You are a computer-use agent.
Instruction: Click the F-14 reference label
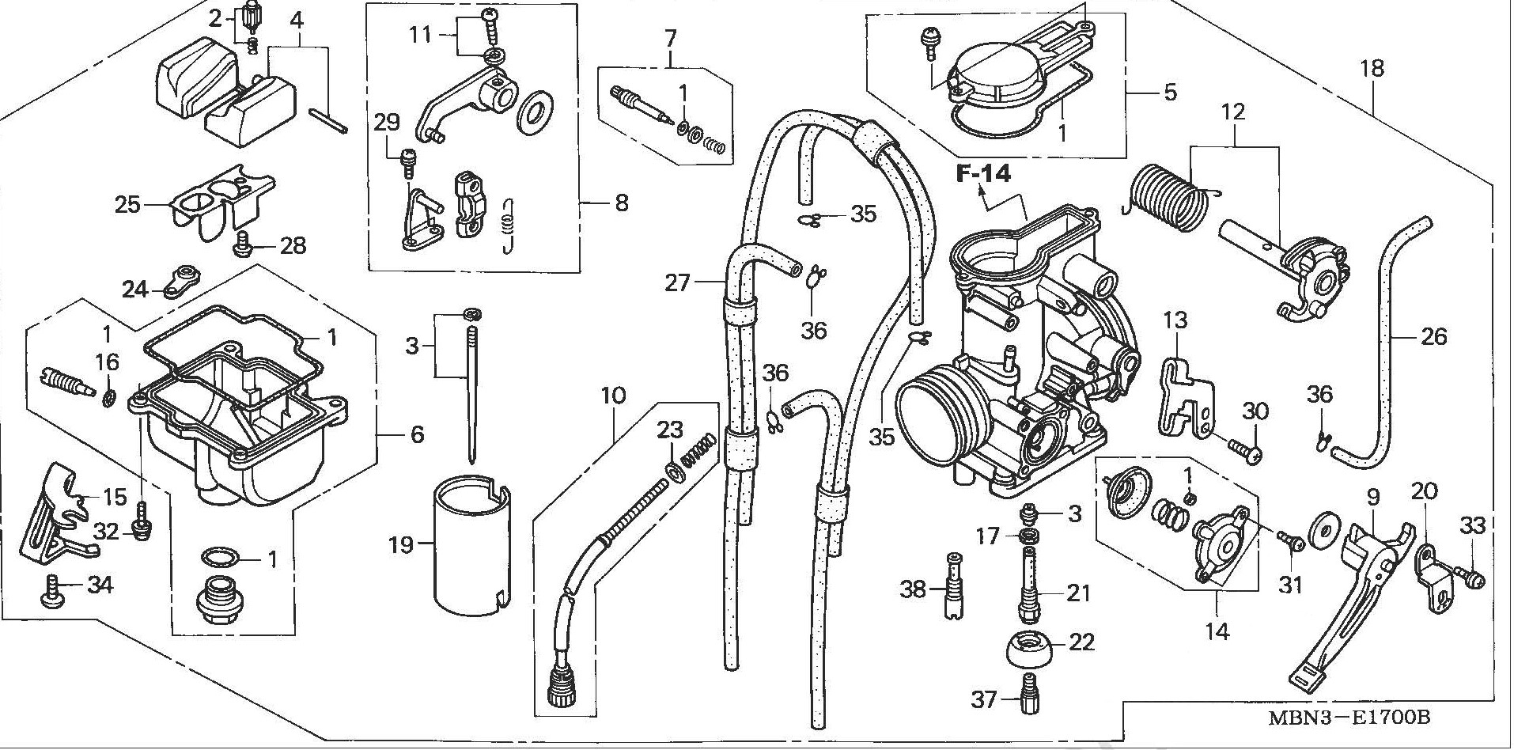point(983,173)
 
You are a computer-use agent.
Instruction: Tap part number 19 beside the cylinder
point(401,544)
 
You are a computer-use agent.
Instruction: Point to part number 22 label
point(1081,642)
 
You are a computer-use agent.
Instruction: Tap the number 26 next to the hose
point(1433,337)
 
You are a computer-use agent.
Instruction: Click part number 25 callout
point(127,205)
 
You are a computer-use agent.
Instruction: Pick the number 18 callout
point(1372,68)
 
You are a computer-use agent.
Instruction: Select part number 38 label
point(914,589)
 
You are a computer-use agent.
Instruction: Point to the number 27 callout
point(677,282)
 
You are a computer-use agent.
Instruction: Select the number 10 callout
point(615,395)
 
